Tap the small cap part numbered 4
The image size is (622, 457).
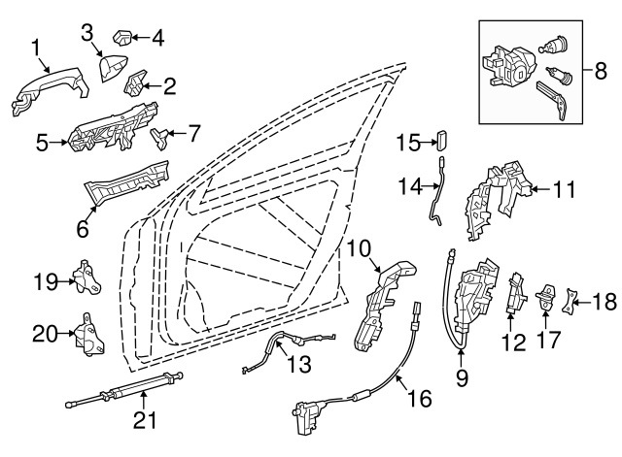point(123,38)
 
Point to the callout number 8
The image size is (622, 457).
point(599,70)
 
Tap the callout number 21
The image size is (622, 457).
point(145,419)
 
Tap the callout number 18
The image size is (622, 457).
point(604,303)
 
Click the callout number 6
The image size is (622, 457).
point(83,228)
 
